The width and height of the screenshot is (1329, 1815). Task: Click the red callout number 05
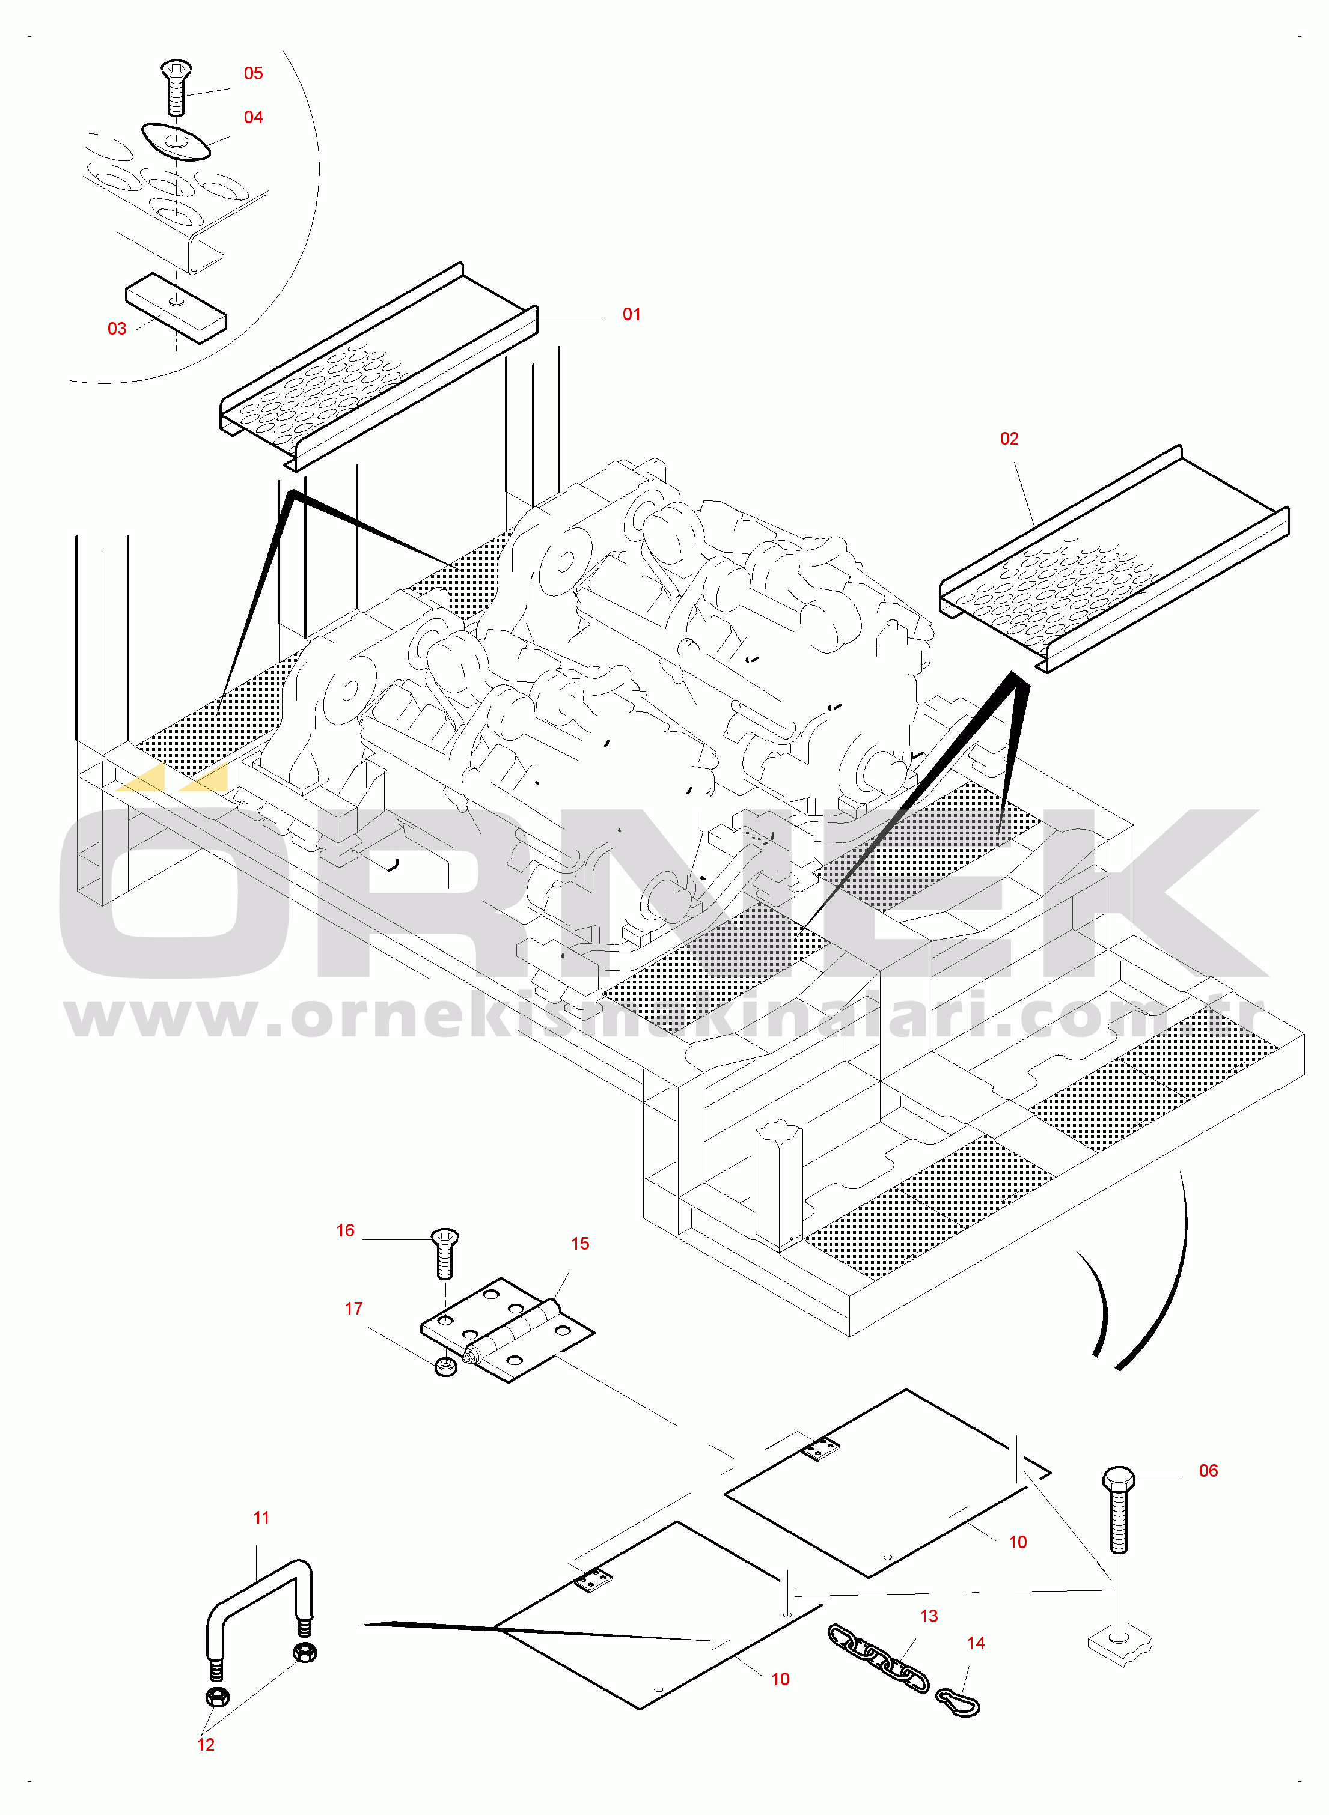(x=254, y=73)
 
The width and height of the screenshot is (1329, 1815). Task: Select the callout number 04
(x=254, y=117)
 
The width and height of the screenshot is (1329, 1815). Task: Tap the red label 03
(x=117, y=328)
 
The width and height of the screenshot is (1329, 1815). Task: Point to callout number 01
(x=632, y=314)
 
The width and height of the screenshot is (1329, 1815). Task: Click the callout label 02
(x=1009, y=438)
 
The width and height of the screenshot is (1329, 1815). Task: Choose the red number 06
(x=1208, y=1470)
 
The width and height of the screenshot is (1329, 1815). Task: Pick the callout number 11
(x=261, y=1518)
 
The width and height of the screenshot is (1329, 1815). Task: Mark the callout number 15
(x=580, y=1243)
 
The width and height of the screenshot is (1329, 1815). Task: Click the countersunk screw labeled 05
(x=176, y=87)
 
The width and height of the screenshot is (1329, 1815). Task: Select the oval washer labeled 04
(x=176, y=142)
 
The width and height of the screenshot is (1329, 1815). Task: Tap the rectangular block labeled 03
(x=176, y=308)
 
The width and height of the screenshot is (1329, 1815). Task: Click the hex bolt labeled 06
(x=1118, y=1509)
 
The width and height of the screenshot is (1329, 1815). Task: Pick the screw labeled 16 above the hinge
(x=445, y=1253)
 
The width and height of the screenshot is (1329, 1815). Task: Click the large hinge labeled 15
(x=508, y=1330)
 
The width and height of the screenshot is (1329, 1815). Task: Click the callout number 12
(x=206, y=1744)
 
